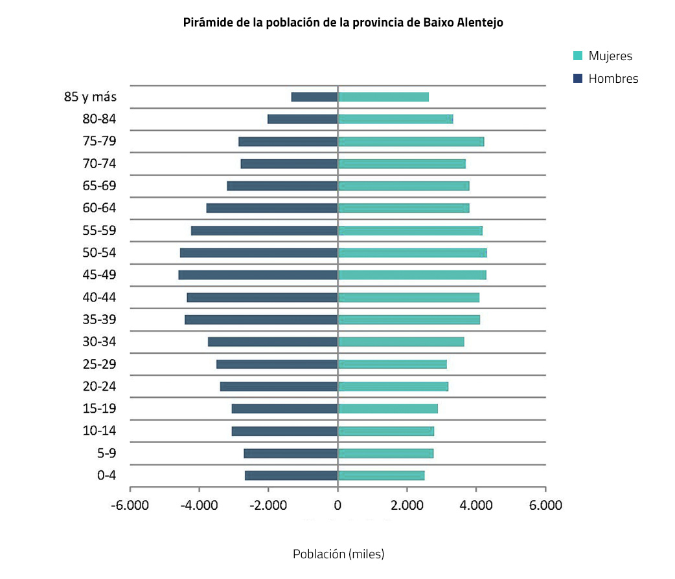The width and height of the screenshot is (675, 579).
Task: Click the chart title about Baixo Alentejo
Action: (x=343, y=22)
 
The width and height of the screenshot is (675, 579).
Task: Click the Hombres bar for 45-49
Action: (x=258, y=275)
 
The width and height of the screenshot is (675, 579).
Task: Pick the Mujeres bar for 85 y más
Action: (x=383, y=97)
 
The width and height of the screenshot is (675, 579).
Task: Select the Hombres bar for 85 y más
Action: (x=314, y=97)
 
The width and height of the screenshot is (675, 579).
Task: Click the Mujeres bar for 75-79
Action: (x=411, y=142)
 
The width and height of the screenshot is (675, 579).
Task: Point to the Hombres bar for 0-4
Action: (x=291, y=475)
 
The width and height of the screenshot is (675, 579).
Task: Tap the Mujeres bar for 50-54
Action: (x=412, y=253)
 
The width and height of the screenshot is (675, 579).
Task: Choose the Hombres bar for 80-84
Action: (x=303, y=119)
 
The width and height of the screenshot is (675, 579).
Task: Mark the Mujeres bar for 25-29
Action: (x=392, y=364)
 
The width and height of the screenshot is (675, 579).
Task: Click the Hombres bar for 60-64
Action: (x=272, y=208)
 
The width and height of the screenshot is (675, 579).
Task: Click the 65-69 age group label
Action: (x=100, y=186)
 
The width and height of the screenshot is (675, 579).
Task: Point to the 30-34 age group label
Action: (x=100, y=342)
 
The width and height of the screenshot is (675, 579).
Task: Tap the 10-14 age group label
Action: (x=100, y=431)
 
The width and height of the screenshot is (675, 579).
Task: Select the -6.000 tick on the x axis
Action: (x=130, y=506)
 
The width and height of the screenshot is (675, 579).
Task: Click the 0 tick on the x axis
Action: (x=337, y=506)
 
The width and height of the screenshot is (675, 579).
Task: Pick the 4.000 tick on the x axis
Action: (x=476, y=506)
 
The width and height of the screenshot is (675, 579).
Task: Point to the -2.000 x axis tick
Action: (x=268, y=506)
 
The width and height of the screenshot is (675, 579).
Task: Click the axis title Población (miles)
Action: (x=338, y=554)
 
